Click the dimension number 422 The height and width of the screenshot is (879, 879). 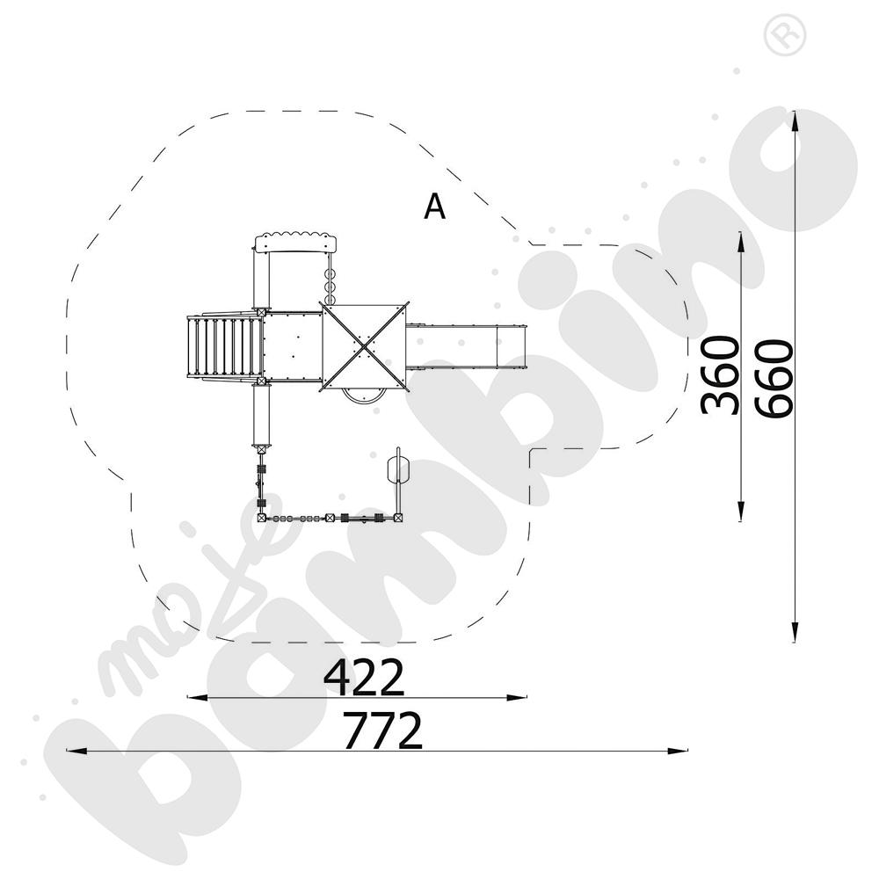click(364, 677)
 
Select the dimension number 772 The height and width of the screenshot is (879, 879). click(382, 730)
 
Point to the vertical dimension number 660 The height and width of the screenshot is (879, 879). click(774, 380)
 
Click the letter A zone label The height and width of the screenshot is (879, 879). click(435, 207)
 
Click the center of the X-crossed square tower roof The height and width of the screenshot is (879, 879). click(364, 346)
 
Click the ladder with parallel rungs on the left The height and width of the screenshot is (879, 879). click(225, 346)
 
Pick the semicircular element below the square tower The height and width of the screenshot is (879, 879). click(362, 395)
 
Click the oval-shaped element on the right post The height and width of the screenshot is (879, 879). click(398, 468)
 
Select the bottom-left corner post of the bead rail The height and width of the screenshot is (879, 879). click(261, 519)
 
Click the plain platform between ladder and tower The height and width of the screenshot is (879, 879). click(293, 346)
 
